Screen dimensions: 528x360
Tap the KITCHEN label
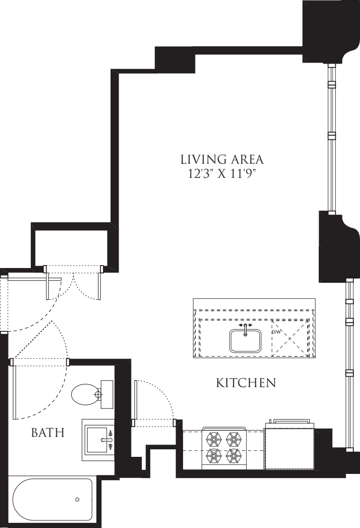pos(246,383)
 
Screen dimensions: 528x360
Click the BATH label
pos(47,433)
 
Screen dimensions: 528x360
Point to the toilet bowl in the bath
pos(84,394)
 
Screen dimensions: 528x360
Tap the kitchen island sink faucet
pos(245,327)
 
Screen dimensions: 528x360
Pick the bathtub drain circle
pos(77,500)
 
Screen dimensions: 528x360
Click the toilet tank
pos(107,394)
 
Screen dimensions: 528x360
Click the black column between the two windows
pos(334,247)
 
